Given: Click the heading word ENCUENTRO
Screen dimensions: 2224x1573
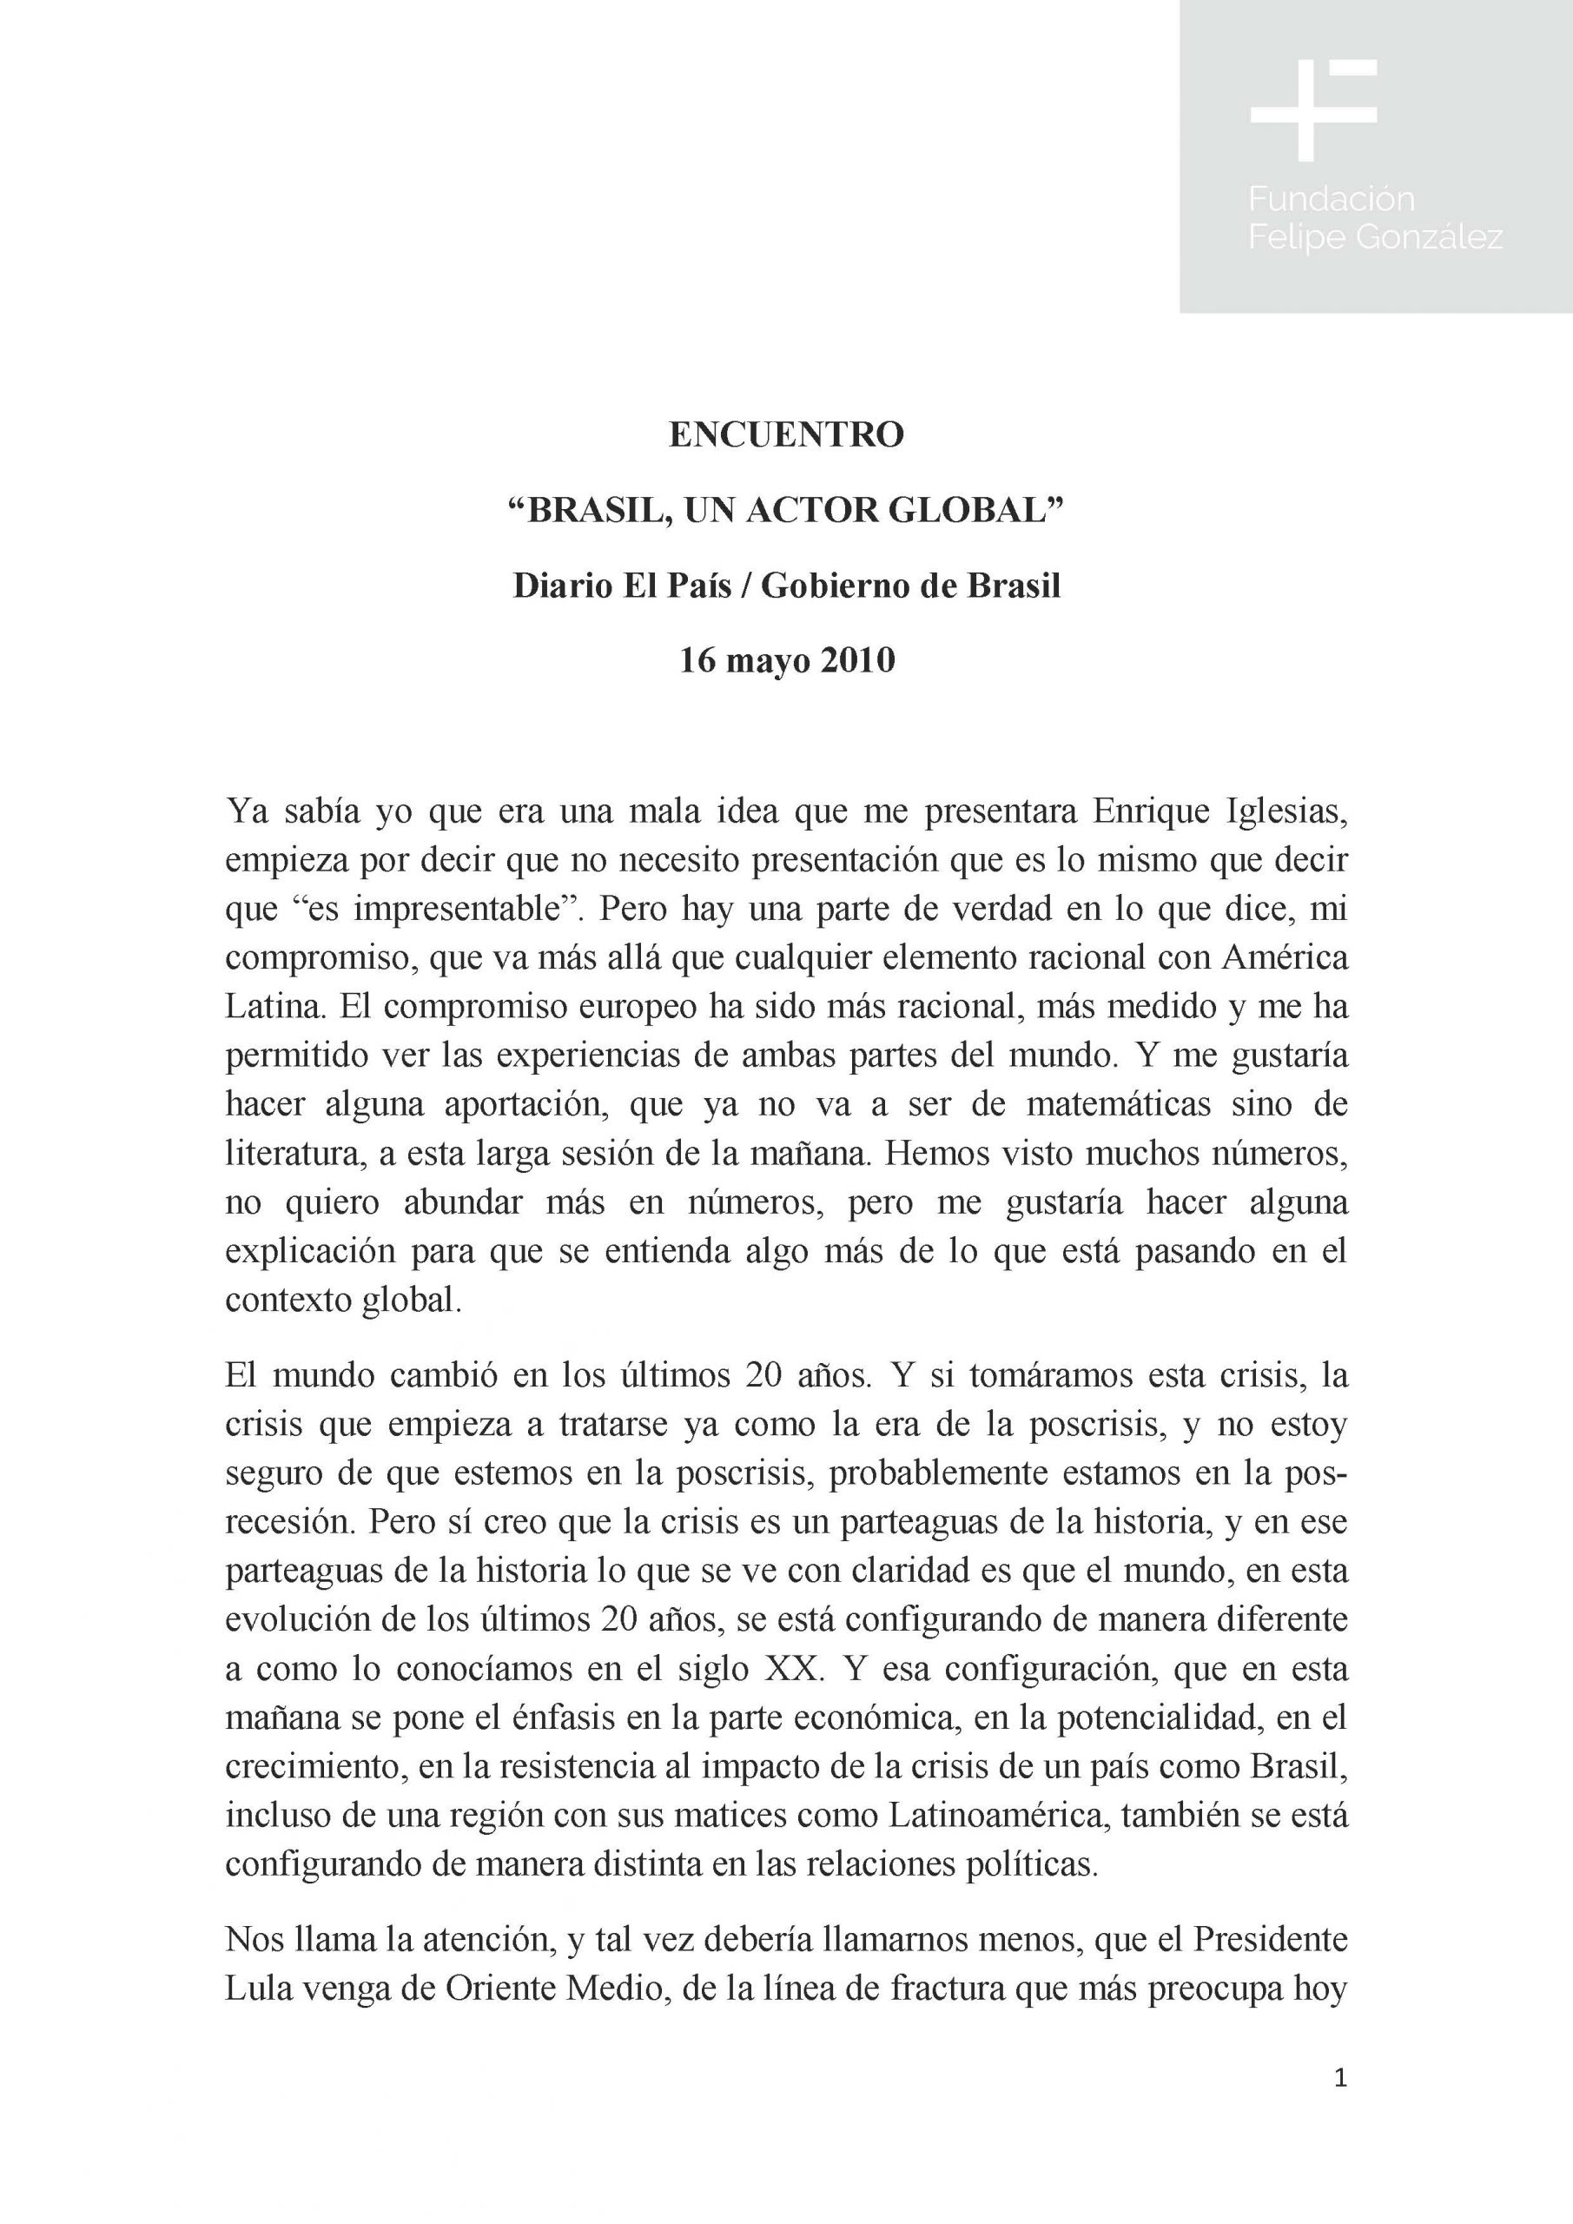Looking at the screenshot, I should (x=785, y=435).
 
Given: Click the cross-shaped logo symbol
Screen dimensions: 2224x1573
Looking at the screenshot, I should (x=1312, y=109).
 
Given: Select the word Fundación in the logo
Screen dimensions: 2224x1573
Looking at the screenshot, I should (x=1331, y=200).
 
